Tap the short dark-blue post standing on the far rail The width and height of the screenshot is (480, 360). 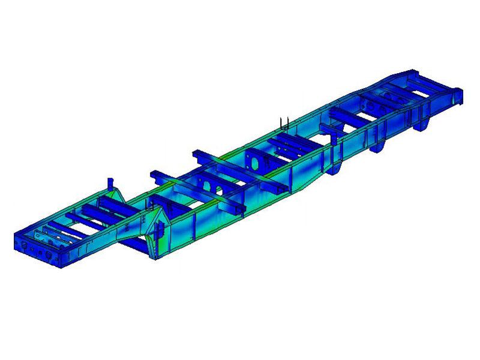click(109, 182)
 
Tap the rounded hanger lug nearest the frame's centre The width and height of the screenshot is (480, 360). click(336, 167)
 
